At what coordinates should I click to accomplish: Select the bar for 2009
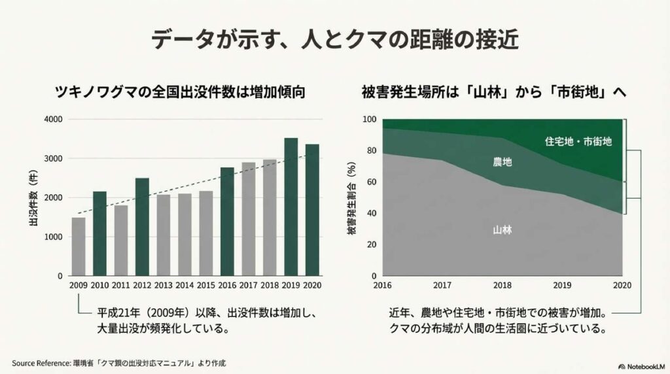(79, 246)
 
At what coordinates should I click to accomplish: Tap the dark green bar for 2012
(142, 226)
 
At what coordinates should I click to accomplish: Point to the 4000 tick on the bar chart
(53, 120)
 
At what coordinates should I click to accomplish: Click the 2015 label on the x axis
(206, 285)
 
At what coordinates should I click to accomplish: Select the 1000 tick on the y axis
(53, 237)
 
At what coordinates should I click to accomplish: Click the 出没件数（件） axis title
(33, 197)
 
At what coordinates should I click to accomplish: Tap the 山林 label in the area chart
(502, 230)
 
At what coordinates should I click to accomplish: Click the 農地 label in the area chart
(502, 161)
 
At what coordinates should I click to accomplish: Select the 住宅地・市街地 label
(578, 141)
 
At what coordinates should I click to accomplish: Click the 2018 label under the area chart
(502, 285)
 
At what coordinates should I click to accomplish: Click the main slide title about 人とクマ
(334, 40)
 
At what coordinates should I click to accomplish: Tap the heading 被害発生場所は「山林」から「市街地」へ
(494, 92)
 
